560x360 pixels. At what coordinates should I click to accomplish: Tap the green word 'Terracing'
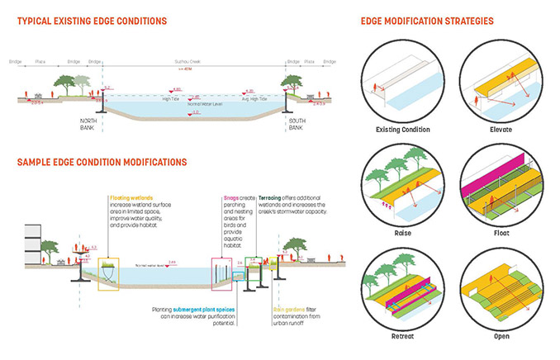(x=269, y=198)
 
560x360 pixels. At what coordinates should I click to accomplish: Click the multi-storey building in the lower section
(x=32, y=244)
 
